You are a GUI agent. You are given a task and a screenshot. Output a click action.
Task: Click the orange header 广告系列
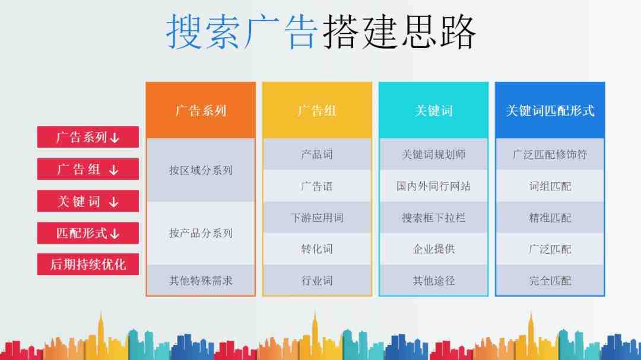pos(201,110)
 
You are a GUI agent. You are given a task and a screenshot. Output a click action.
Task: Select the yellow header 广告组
pos(317,110)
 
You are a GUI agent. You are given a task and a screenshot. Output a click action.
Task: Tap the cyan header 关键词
pos(434,110)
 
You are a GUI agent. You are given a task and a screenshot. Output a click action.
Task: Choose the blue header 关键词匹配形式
pos(550,110)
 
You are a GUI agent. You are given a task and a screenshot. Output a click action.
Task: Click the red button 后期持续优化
pos(88,265)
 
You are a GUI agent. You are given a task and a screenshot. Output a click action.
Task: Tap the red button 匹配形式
pos(88,233)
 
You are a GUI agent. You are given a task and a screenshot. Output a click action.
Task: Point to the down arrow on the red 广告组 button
pos(113,170)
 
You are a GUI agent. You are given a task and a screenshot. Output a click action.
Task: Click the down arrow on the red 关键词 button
pos(113,202)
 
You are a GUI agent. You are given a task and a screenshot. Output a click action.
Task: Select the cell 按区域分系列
pos(201,170)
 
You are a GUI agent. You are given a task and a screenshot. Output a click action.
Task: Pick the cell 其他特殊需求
pos(201,281)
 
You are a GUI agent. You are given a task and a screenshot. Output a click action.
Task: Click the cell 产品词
pos(317,154)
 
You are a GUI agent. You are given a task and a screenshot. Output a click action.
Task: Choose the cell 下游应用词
pos(317,218)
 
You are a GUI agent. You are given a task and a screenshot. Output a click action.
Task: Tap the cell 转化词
pos(317,249)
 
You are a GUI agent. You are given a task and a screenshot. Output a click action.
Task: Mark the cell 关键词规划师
pos(434,154)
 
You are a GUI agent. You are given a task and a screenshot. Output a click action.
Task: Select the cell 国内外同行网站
pos(434,186)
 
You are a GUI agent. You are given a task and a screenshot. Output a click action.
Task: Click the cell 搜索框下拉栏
pos(434,218)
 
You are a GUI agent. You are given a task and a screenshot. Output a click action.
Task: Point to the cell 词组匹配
pos(550,186)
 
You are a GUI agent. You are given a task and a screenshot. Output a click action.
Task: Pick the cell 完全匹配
pos(550,281)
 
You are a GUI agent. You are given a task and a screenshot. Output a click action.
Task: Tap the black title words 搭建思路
pos(399,32)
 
